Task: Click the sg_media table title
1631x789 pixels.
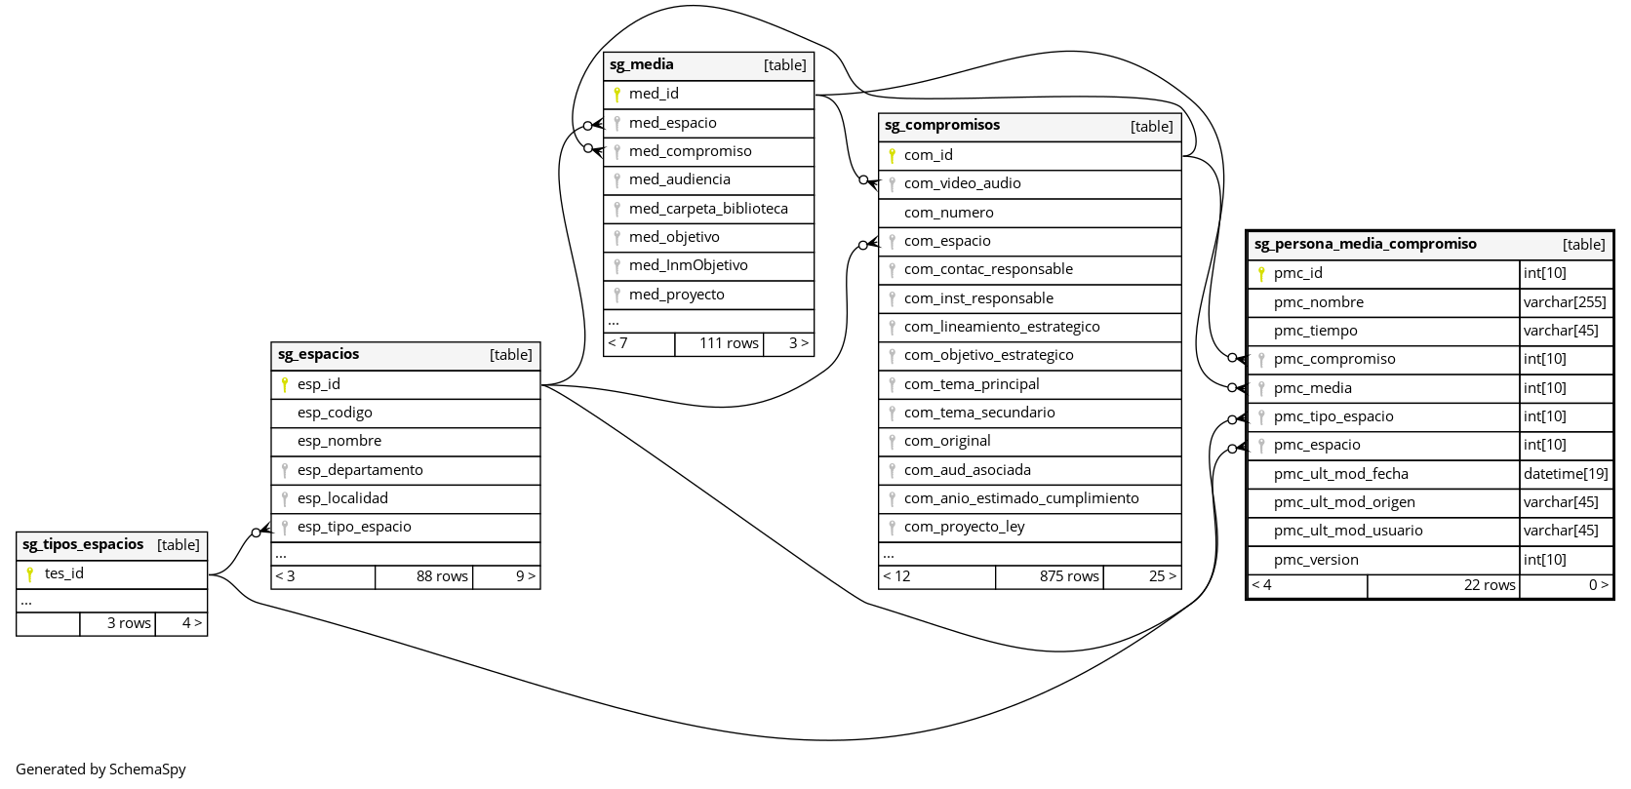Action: [642, 65]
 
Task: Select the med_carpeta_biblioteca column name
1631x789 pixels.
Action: [708, 209]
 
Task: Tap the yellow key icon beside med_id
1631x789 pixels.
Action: [617, 95]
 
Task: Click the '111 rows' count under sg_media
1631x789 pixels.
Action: [729, 343]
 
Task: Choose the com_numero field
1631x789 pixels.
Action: [948, 213]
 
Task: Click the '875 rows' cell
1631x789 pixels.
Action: [1069, 576]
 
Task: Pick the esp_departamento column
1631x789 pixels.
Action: [360, 470]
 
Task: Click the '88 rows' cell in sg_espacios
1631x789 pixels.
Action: [442, 576]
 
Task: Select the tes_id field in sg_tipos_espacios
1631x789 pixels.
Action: [64, 573]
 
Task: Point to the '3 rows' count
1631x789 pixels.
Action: [129, 623]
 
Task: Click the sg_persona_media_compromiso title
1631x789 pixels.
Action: [1366, 245]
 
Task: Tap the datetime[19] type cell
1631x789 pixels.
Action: [1566, 474]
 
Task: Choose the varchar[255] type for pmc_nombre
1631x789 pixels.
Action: [1565, 302]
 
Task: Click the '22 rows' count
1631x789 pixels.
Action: [1490, 585]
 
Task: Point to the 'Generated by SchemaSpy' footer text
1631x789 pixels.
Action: [100, 769]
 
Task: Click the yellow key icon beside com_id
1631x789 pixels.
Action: [892, 155]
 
